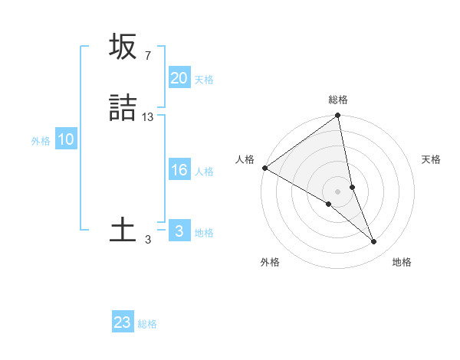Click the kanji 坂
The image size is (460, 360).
point(123,47)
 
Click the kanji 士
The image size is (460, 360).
point(123,229)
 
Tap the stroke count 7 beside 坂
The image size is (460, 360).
point(147,55)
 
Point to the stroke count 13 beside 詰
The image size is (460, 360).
point(148,116)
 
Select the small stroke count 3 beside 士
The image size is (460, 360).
point(148,239)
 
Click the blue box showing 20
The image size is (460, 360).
point(179,78)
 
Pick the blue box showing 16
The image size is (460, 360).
point(179,170)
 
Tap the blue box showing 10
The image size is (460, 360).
point(66,139)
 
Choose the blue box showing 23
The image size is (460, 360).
point(123,322)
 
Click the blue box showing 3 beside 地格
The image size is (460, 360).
point(179,231)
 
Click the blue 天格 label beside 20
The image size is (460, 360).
point(204,80)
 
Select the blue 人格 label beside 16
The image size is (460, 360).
point(204,172)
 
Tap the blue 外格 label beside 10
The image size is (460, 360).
point(41,141)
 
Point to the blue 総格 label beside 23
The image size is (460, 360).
point(147,324)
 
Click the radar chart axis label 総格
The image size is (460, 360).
point(338,100)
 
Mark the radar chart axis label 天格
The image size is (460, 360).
point(431,159)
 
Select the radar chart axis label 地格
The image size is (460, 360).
point(402,262)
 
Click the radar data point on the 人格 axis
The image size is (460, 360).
point(264,168)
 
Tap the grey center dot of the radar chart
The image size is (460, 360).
point(338,191)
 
